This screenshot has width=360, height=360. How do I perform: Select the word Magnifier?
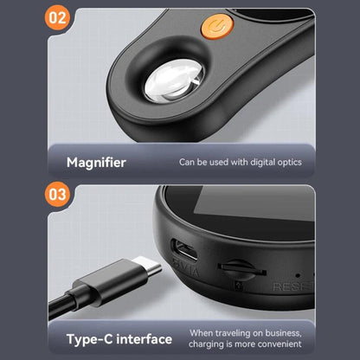96,162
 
